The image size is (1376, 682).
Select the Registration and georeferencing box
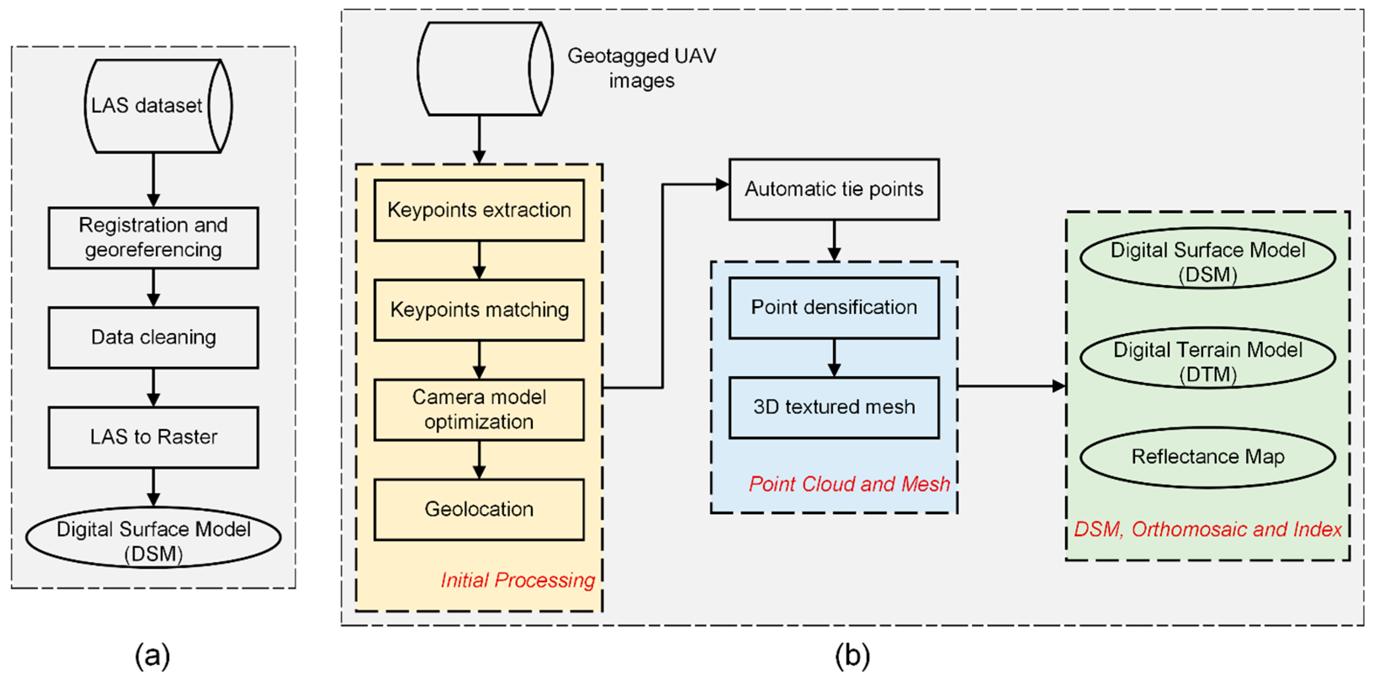153,238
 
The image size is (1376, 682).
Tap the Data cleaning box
153,337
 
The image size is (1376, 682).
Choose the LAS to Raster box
153,437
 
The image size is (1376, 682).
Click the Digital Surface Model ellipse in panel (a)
153,537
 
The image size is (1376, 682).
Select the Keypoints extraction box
479,210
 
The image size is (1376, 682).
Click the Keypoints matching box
479,310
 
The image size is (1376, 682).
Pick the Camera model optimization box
479,409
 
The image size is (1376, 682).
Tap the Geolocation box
479,510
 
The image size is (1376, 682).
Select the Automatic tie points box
834,189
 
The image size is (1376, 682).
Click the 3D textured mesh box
834,407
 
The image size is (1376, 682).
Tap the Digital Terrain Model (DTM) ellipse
1208,358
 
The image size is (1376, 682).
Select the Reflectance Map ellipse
1208,457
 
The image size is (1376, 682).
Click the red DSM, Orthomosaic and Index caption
1208,530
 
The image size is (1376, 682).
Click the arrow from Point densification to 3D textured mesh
834,358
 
